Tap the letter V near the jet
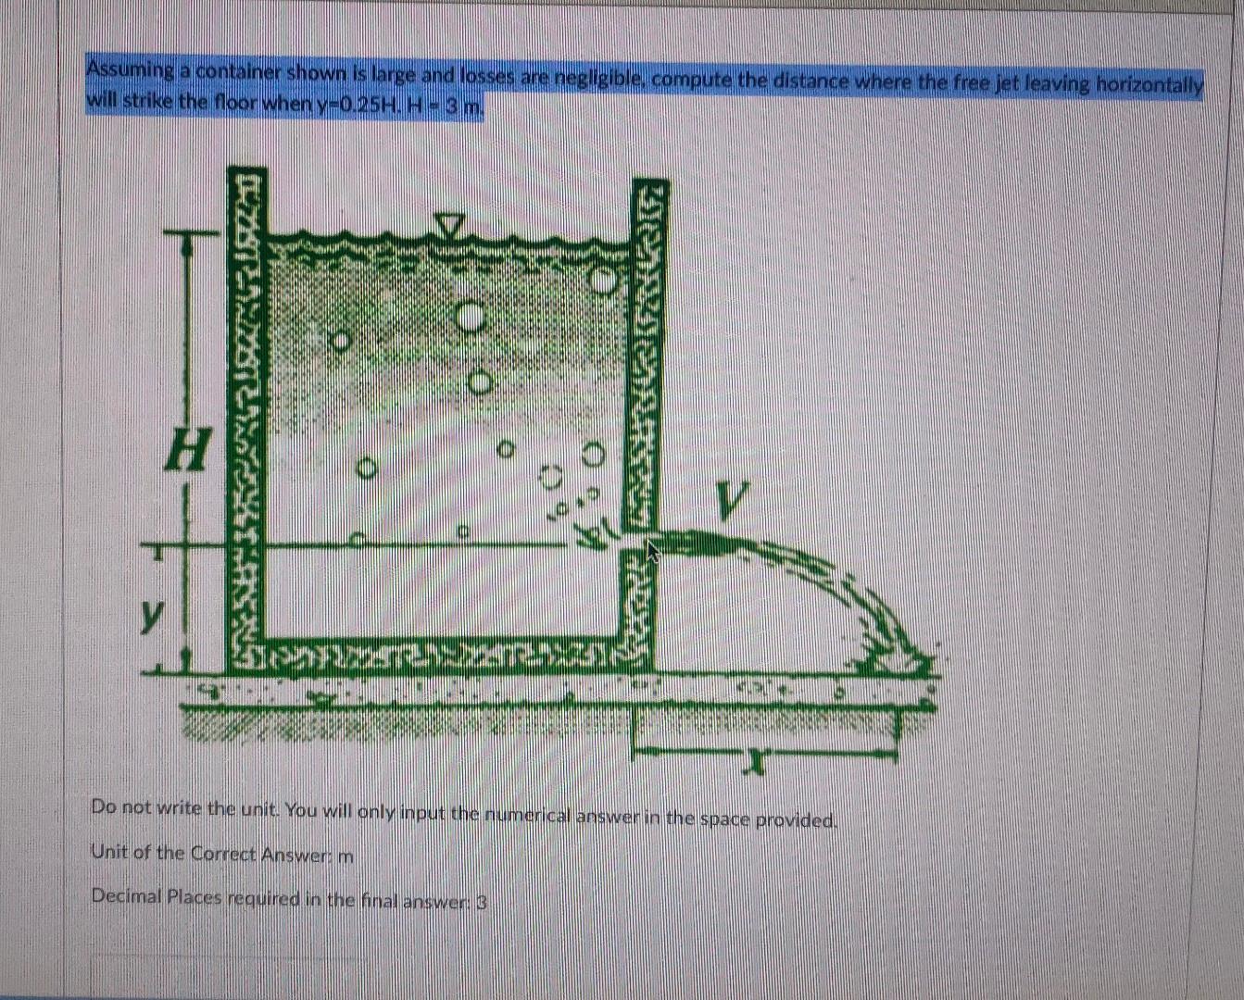[x=729, y=503]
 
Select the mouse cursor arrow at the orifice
[x=652, y=552]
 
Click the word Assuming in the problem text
[x=131, y=70]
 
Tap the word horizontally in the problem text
[x=1149, y=83]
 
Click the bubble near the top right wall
[x=604, y=278]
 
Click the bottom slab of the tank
[x=435, y=656]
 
